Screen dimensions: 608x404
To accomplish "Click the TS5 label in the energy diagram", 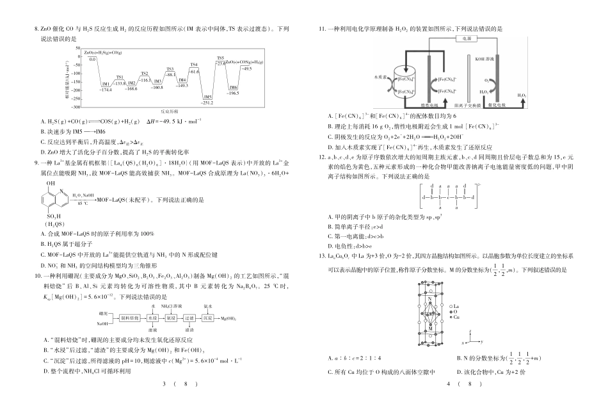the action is pos(220,58).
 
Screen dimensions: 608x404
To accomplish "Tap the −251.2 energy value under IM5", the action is pos(207,102).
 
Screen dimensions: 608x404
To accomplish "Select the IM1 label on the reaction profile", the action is pos(106,84).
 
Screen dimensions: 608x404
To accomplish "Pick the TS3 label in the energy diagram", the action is pos(170,69).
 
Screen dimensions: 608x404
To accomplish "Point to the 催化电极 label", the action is pos(497,105).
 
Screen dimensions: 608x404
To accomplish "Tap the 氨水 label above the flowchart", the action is pos(208,306).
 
